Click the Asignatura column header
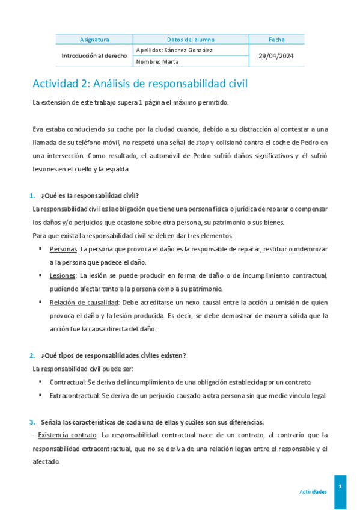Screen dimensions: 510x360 coord(94,40)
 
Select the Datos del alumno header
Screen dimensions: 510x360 coord(191,40)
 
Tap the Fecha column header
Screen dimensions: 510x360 coord(276,40)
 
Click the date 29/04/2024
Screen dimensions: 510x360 coord(276,55)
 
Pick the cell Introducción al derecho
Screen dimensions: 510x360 coord(94,55)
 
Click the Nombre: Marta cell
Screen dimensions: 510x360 coord(157,61)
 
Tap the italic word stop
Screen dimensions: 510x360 coord(203,142)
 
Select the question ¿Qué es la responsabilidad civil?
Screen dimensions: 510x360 coord(90,195)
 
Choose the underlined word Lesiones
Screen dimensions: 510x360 coord(63,275)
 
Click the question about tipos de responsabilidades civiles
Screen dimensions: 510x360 coord(113,355)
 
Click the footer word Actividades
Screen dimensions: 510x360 coord(313,491)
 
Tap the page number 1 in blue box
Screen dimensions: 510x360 coord(340,486)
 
